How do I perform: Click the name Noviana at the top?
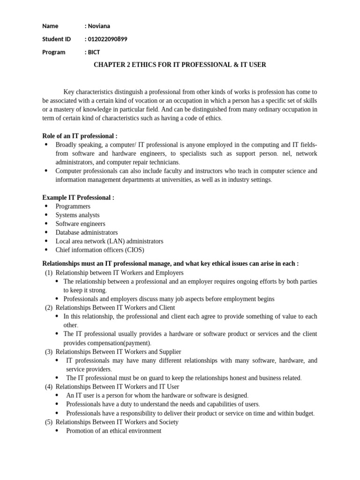[x=99, y=26]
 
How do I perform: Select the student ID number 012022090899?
[x=107, y=39]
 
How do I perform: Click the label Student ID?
[x=56, y=39]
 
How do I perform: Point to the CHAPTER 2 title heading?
[x=180, y=65]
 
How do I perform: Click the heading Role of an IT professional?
[x=80, y=135]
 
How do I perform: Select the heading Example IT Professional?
[x=78, y=197]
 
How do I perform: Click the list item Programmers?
[x=73, y=206]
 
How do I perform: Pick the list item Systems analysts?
[x=77, y=215]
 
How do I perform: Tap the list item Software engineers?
[x=80, y=224]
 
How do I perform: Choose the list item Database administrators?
[x=86, y=232]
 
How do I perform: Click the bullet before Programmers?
[x=46, y=206]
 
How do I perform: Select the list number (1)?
[x=49, y=272]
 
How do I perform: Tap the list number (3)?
[x=49, y=352]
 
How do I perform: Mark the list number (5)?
[x=49, y=422]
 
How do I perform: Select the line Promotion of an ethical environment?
[x=113, y=431]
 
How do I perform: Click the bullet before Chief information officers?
[x=46, y=250]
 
